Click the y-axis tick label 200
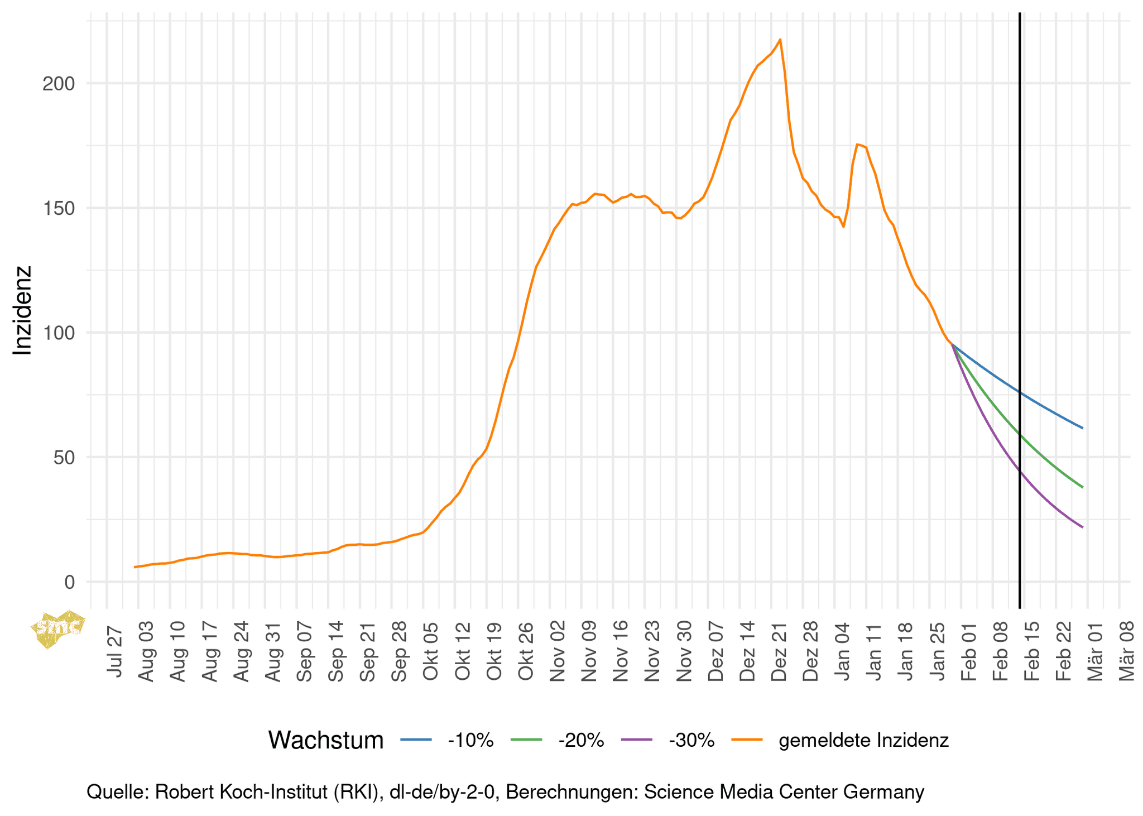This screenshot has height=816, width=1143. coord(58,84)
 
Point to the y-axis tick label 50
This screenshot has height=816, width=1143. coord(63,458)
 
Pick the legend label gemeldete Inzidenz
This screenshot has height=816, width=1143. coord(863,740)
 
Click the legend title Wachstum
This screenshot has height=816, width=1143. coord(325,740)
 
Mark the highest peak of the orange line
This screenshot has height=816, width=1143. coord(780,40)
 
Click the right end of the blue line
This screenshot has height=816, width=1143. coord(1082,428)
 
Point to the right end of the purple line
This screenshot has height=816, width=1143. coord(1082,527)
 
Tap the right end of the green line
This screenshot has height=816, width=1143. coord(1082,487)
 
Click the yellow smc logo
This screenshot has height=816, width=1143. coord(58,628)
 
